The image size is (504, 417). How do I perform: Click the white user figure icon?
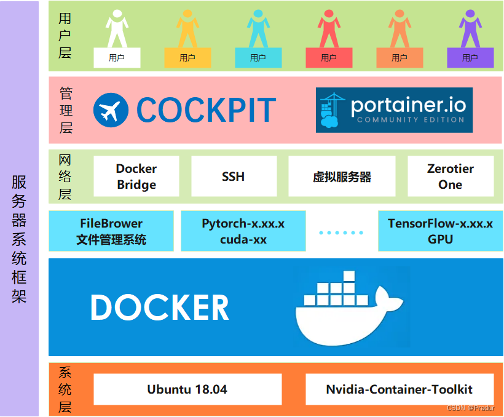[x=117, y=29]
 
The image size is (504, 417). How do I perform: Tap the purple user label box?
[x=470, y=58]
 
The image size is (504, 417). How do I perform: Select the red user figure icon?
[x=329, y=29]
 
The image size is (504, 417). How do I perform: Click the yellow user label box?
[x=187, y=58]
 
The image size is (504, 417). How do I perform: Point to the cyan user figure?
[x=258, y=29]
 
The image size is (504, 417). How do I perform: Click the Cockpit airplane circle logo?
[x=111, y=111]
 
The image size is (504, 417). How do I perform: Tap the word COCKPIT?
[x=206, y=111]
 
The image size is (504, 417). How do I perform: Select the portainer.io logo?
[x=394, y=110]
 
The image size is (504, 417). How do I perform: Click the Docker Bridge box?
[x=136, y=177]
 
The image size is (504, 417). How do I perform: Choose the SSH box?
[x=234, y=177]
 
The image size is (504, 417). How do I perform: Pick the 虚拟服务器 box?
[x=342, y=177]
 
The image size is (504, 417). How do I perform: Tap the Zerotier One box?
[x=451, y=177]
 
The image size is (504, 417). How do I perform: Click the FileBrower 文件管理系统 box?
[x=111, y=231]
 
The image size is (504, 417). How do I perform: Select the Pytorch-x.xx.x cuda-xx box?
[x=243, y=231]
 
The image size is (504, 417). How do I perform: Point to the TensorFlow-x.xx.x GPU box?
[x=440, y=231]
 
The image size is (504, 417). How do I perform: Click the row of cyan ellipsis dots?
[x=341, y=232]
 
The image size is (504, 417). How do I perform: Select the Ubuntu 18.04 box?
[x=187, y=389]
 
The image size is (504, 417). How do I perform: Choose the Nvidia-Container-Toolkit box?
[x=400, y=389]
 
